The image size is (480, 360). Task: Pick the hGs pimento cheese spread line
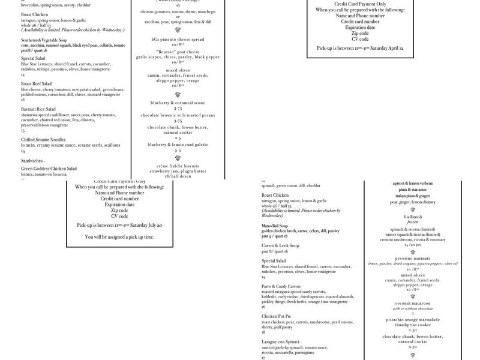(178, 38)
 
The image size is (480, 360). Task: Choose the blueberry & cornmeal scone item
(178, 103)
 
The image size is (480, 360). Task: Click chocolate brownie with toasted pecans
(178, 115)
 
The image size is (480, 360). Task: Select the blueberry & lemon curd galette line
(178, 144)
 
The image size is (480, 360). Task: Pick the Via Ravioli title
(413, 217)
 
